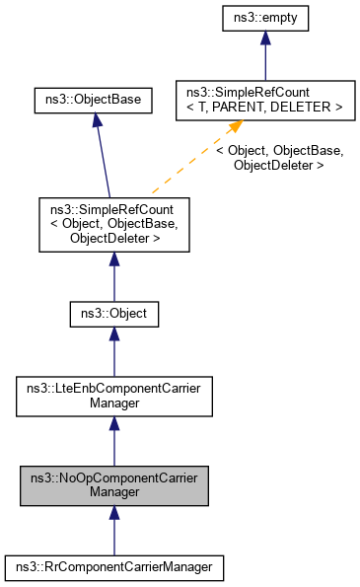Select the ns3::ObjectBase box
pos(93,101)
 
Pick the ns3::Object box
pos(113,315)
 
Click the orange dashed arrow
pos(187,163)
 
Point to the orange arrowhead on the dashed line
pos(234,128)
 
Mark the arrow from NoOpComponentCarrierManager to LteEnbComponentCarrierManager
pos(113,440)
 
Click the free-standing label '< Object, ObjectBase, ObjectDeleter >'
pos(279,158)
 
